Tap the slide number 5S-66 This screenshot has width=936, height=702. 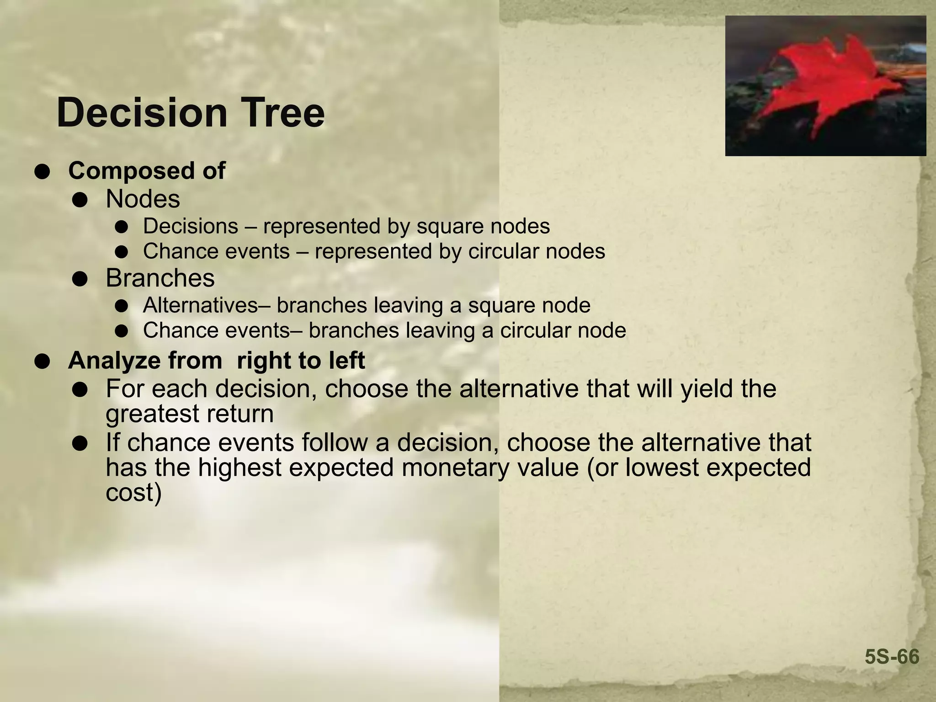(x=892, y=657)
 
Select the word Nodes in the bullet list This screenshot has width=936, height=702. (x=143, y=199)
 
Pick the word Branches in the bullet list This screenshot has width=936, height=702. (x=160, y=278)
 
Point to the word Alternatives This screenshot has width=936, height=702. (x=200, y=305)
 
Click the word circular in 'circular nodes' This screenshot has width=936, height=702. (x=504, y=251)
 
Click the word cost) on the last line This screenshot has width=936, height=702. (x=133, y=493)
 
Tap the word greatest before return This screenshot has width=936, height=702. (x=152, y=414)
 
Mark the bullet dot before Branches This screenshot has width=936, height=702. (x=80, y=279)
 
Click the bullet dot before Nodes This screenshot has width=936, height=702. (x=80, y=201)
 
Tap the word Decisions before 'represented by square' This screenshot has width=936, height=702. (x=191, y=226)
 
